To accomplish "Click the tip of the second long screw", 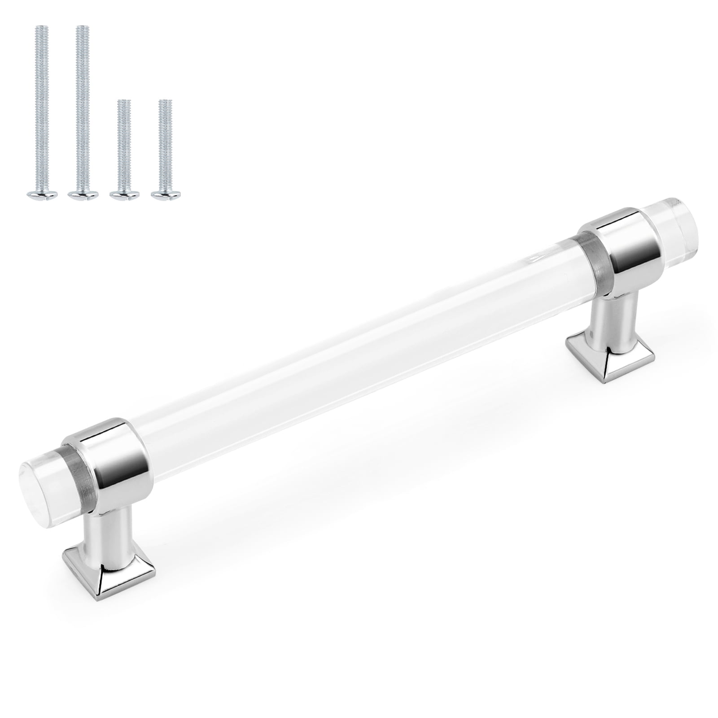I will [81, 28].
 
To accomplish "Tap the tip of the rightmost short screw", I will [165, 103].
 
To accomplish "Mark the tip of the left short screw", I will [123, 103].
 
